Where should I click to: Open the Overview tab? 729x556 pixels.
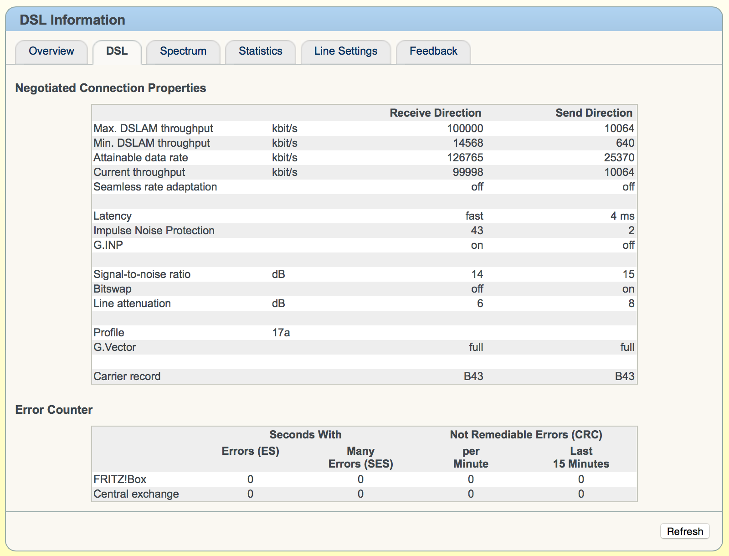click(51, 51)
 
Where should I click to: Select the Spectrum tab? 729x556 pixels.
click(183, 51)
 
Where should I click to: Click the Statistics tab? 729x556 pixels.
click(261, 51)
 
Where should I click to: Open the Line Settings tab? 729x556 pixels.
click(346, 51)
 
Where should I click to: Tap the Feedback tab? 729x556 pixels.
click(433, 51)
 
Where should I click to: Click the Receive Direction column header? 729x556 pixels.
click(435, 113)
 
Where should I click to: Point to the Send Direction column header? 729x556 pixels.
click(594, 113)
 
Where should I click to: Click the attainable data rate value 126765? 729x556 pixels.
click(465, 158)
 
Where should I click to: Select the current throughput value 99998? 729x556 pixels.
click(467, 172)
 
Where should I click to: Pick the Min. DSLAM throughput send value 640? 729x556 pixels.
click(625, 143)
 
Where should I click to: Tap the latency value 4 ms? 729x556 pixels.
click(622, 216)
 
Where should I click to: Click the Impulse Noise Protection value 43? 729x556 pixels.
click(477, 231)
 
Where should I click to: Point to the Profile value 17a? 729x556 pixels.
click(281, 333)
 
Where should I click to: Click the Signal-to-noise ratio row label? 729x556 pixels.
click(142, 274)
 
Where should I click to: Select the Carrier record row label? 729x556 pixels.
click(127, 376)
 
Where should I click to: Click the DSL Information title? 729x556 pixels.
click(72, 20)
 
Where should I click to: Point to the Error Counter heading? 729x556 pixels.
click(54, 410)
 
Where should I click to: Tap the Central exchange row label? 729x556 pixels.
click(136, 494)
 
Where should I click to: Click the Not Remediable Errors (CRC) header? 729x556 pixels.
click(526, 435)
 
